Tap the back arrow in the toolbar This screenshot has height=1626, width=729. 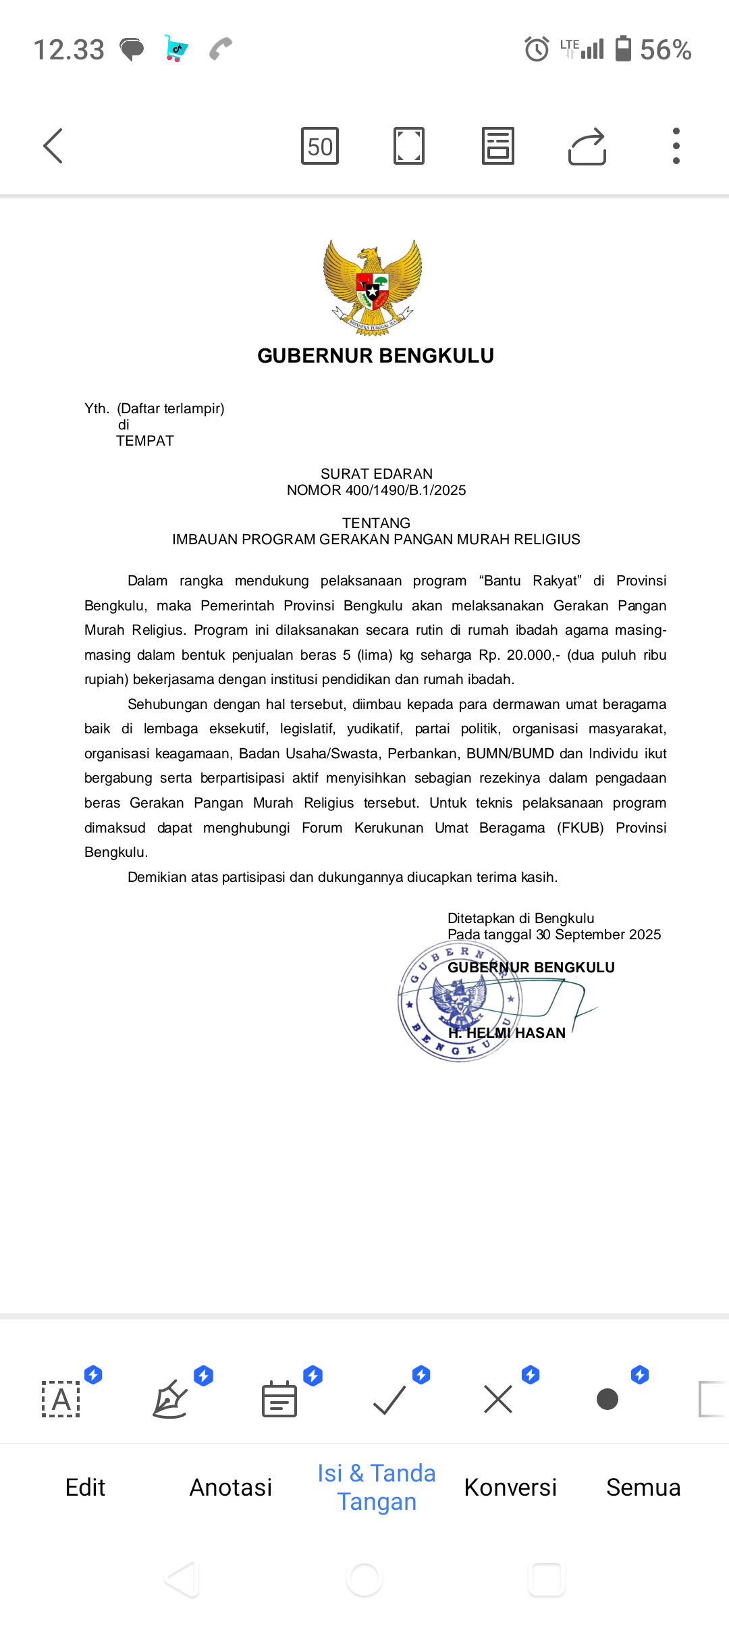tap(53, 146)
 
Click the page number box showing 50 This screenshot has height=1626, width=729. tap(320, 146)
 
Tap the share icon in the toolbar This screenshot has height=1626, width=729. tap(587, 146)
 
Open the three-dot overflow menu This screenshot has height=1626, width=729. tap(676, 146)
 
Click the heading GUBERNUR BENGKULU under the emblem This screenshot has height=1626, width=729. tap(375, 356)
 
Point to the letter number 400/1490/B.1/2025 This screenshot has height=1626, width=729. tap(405, 490)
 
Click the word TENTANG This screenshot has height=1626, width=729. tap(376, 523)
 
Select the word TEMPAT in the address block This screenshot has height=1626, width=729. tap(145, 441)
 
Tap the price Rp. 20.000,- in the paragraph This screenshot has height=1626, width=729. tap(519, 655)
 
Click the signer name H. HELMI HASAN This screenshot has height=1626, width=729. tap(507, 1033)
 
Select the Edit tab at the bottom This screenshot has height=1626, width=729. tap(85, 1488)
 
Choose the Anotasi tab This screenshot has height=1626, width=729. tap(231, 1488)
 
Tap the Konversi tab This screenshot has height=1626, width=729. tap(510, 1488)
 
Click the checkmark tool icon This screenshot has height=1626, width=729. tap(389, 1399)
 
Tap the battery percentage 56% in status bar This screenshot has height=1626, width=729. tap(666, 50)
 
